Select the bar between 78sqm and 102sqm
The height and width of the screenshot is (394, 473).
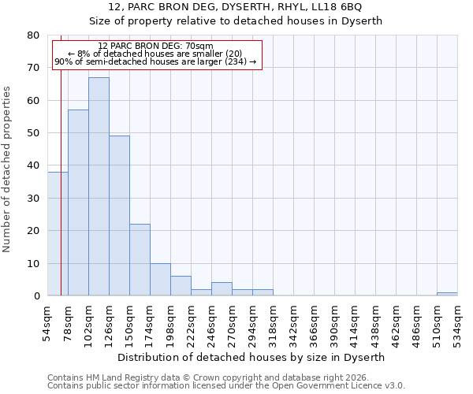click(x=78, y=203)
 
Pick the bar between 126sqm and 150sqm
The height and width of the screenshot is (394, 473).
click(x=119, y=216)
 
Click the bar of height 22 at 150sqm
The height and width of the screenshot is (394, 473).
click(x=140, y=260)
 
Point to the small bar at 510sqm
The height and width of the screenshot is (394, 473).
click(x=447, y=294)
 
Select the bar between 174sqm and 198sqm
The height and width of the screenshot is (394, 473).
click(x=160, y=280)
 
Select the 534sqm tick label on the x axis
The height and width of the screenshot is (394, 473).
click(x=457, y=322)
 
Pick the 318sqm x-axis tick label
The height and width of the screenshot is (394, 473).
click(x=273, y=322)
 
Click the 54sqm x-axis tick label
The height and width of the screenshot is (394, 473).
click(x=47, y=322)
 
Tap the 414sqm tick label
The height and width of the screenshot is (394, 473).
click(x=355, y=322)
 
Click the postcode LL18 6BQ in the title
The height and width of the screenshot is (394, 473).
click(x=337, y=7)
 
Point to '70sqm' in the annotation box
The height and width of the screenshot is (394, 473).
click(x=199, y=46)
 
